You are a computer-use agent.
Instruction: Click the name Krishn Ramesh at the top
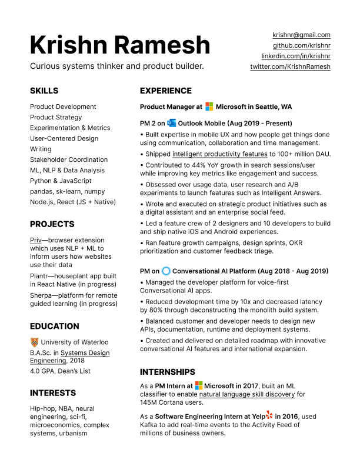coord(119,45)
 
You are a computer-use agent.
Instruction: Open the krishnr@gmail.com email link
coord(301,35)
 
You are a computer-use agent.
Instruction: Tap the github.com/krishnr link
coord(301,46)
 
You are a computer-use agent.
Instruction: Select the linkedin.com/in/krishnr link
coord(296,56)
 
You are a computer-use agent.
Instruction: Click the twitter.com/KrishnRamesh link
coord(291,67)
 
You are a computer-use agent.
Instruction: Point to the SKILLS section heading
coord(44,91)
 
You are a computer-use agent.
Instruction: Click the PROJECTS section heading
coord(52,224)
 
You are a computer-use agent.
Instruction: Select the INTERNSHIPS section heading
coord(168,372)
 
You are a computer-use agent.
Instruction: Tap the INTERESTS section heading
coord(53,392)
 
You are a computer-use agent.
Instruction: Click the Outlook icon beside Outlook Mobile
coord(171,124)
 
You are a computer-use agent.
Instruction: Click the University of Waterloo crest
coord(34,342)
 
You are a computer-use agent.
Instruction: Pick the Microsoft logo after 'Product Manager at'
coord(209,107)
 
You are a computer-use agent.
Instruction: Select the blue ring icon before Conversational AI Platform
coord(166,271)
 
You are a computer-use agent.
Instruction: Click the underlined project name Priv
coord(36,240)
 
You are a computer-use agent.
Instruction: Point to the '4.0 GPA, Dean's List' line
coord(61,371)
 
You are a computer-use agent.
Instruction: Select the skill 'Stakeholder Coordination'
coord(68,159)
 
